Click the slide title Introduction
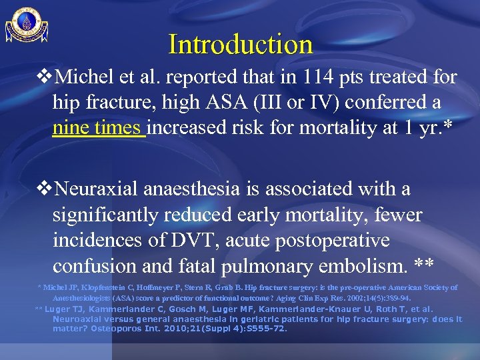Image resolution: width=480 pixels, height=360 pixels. (241, 45)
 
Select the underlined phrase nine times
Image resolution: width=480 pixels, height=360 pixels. (99, 127)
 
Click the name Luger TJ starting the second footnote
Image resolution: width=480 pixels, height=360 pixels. (63, 309)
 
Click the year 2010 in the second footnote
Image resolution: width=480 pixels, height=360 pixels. (187, 329)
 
